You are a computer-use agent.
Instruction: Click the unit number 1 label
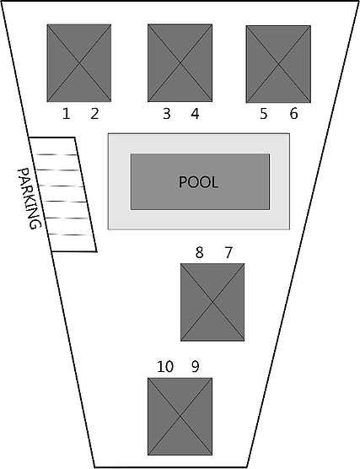(66, 114)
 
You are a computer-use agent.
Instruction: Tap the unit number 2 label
(94, 114)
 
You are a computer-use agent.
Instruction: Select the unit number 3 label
(167, 114)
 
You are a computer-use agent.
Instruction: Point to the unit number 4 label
(195, 114)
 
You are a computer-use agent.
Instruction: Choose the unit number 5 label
(263, 114)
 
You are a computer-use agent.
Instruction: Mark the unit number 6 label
(294, 114)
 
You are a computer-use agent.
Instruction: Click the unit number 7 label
(228, 253)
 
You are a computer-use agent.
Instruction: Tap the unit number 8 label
(200, 253)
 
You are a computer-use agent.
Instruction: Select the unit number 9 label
(195, 366)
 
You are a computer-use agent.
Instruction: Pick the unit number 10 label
(165, 366)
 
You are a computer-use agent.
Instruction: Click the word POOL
(198, 182)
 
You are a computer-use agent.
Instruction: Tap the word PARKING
(29, 198)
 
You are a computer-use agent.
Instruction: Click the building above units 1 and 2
(79, 63)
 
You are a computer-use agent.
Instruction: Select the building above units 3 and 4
(180, 62)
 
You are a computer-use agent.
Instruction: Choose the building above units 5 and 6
(278, 64)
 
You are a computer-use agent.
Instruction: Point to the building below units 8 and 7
(212, 302)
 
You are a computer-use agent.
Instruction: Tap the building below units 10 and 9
(180, 417)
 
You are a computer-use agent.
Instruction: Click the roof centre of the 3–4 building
(180, 63)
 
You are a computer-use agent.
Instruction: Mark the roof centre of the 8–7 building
(212, 302)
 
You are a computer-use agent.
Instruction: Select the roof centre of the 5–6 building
(278, 64)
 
